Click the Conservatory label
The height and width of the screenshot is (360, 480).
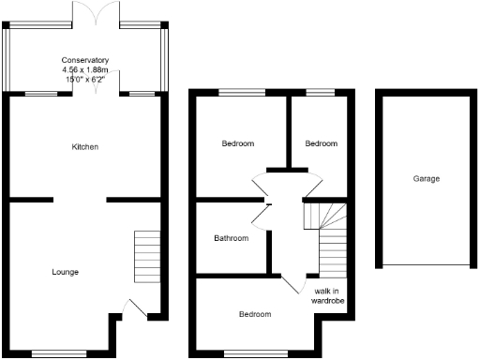(x=85, y=61)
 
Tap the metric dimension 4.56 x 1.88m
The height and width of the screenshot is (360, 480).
(x=85, y=70)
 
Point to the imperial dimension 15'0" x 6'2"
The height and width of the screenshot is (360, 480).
(x=85, y=80)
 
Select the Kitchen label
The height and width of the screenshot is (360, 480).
(x=85, y=147)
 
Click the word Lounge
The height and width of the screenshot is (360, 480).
(x=65, y=272)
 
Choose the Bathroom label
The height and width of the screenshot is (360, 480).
(x=231, y=238)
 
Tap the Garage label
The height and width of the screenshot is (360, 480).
(x=425, y=178)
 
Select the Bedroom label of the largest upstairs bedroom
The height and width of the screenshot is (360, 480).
(x=238, y=143)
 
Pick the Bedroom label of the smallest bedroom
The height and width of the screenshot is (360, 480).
(x=321, y=143)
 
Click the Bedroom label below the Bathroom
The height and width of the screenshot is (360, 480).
(x=254, y=314)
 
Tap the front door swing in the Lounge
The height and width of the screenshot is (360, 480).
(x=134, y=307)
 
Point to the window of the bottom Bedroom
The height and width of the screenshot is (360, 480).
(x=250, y=354)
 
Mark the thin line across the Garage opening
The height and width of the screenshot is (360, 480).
(x=425, y=266)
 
